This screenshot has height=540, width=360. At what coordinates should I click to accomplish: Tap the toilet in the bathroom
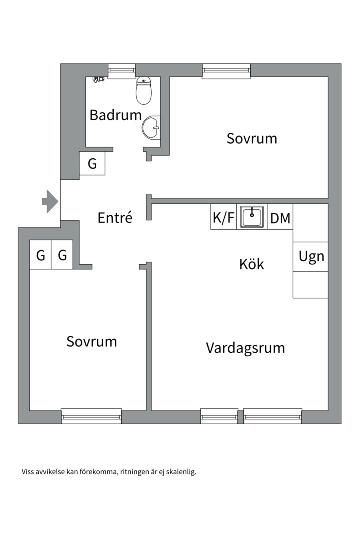click(144, 91)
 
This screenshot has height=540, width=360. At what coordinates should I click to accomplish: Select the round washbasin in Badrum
click(151, 127)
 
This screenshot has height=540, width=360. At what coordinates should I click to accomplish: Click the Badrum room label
click(116, 115)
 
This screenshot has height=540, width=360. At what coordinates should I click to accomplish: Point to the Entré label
click(115, 218)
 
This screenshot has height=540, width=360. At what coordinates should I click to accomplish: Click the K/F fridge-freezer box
click(223, 217)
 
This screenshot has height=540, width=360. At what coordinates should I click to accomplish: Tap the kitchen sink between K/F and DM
click(252, 217)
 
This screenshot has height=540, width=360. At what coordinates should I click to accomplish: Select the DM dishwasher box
click(280, 218)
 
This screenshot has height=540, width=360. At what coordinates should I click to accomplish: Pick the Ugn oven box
click(311, 257)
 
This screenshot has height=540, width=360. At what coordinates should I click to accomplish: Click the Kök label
click(251, 264)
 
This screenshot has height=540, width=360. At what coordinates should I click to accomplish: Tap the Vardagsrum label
click(245, 347)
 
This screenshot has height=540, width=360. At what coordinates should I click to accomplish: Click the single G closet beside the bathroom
click(92, 164)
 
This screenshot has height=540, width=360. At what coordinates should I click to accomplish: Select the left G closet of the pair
click(40, 255)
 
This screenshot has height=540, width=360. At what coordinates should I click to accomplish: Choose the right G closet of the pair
click(62, 255)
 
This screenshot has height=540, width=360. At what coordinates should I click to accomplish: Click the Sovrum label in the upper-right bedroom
click(252, 138)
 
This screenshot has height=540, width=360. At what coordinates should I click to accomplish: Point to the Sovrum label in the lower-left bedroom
click(92, 342)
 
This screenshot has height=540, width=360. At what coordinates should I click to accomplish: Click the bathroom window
click(122, 71)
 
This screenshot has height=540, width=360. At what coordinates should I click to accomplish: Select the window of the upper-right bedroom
click(226, 71)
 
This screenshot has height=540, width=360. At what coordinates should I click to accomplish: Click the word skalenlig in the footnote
click(181, 471)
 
